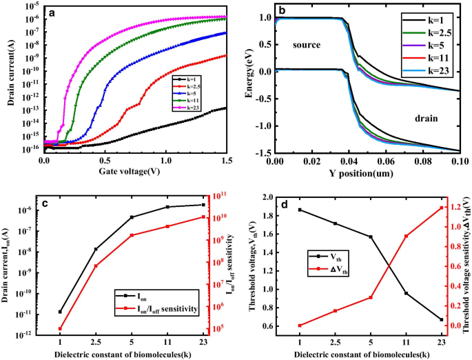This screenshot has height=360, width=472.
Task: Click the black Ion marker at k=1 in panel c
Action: click(x=61, y=312)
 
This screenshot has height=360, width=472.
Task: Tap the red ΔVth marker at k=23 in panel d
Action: click(x=440, y=208)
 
